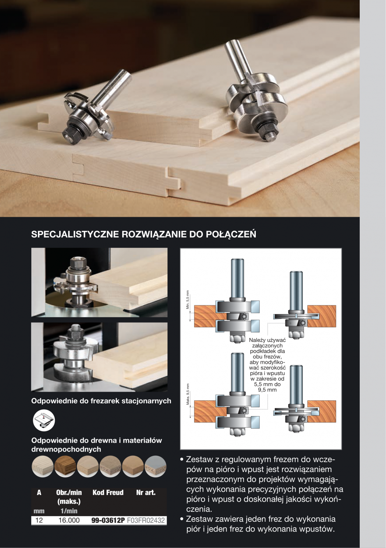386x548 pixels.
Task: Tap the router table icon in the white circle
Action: pos(44,420)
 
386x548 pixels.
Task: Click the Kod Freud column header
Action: pos(108,493)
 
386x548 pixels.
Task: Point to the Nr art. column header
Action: pos(146,493)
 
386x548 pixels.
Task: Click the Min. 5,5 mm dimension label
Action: pos(188,300)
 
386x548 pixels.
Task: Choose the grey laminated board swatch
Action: pos(155,467)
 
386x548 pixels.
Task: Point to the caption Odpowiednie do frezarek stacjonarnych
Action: pos(101,401)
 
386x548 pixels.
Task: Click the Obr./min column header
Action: pos(69,493)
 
